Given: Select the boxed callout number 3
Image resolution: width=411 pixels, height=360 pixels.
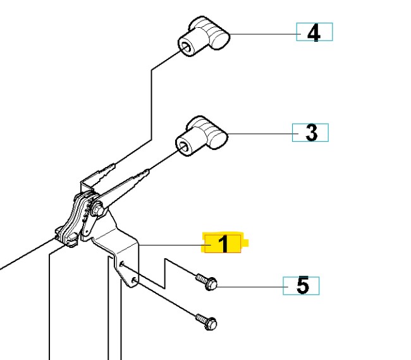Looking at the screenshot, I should pyautogui.click(x=310, y=133).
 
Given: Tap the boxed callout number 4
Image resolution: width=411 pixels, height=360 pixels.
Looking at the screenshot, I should pyautogui.click(x=314, y=32).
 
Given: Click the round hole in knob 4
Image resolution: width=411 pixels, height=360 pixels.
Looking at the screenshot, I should pyautogui.click(x=185, y=47).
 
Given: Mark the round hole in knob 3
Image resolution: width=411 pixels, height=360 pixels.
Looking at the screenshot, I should pyautogui.click(x=183, y=147).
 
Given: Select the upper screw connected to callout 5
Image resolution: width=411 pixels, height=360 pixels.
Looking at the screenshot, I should pyautogui.click(x=206, y=281).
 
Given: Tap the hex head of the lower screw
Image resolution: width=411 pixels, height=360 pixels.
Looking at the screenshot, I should pyautogui.click(x=212, y=324).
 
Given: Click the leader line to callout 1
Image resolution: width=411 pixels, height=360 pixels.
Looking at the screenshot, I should pyautogui.click(x=171, y=244).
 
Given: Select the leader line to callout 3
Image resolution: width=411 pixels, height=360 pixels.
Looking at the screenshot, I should pyautogui.click(x=259, y=133).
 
